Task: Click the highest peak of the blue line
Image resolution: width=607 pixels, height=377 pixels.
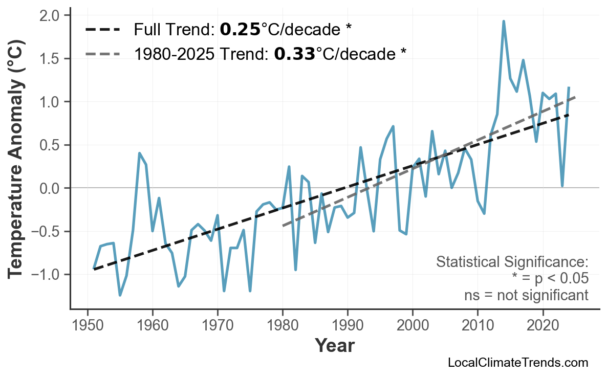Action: pyautogui.click(x=504, y=21)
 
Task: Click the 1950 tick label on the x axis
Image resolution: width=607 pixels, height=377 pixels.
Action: pyautogui.click(x=88, y=326)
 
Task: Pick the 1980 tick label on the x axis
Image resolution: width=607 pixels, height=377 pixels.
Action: pyautogui.click(x=283, y=326)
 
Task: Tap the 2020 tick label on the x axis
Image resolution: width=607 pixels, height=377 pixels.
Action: pyautogui.click(x=543, y=326)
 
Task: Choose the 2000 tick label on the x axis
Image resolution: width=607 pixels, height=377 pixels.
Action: pyautogui.click(x=413, y=326)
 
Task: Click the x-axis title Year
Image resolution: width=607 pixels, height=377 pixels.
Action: pyautogui.click(x=334, y=346)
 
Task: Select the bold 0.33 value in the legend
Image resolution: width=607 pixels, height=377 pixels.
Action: pyautogui.click(x=294, y=53)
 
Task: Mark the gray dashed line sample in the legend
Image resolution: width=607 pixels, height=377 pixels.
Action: pyautogui.click(x=102, y=53)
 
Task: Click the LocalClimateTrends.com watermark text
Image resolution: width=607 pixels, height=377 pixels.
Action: pyautogui.click(x=517, y=363)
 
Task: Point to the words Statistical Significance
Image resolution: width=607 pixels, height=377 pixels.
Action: pyautogui.click(x=512, y=262)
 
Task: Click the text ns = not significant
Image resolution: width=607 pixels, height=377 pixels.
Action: pyautogui.click(x=526, y=295)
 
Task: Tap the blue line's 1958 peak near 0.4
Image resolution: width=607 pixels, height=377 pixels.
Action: pyautogui.click(x=139, y=153)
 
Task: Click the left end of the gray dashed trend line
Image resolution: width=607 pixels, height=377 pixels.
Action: pyautogui.click(x=283, y=225)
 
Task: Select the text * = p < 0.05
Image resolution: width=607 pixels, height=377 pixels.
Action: pyautogui.click(x=550, y=279)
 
